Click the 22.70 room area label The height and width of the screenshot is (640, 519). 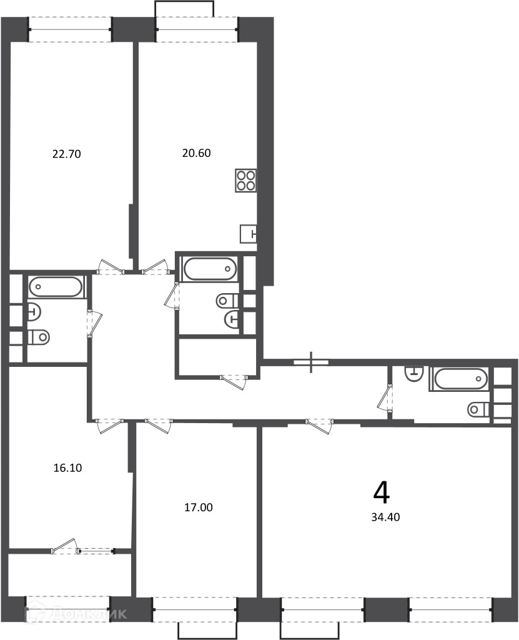pyautogui.click(x=66, y=154)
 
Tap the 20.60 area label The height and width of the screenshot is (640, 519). pyautogui.click(x=196, y=153)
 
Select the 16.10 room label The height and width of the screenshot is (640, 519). pyautogui.click(x=67, y=467)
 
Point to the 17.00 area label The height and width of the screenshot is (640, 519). pyautogui.click(x=199, y=507)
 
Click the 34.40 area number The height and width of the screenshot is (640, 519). pyautogui.click(x=385, y=517)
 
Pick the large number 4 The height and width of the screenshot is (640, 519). pyautogui.click(x=382, y=492)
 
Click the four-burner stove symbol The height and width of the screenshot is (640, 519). pyautogui.click(x=245, y=181)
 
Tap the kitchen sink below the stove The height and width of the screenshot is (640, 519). pyautogui.click(x=249, y=234)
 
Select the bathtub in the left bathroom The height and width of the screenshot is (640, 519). pyautogui.click(x=56, y=286)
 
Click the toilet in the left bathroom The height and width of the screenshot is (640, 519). pyautogui.click(x=39, y=337)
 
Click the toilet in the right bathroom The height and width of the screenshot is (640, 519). pyautogui.click(x=479, y=409)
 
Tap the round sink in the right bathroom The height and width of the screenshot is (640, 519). pyautogui.click(x=414, y=373)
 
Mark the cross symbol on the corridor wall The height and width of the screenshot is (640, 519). pyautogui.click(x=311, y=362)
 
